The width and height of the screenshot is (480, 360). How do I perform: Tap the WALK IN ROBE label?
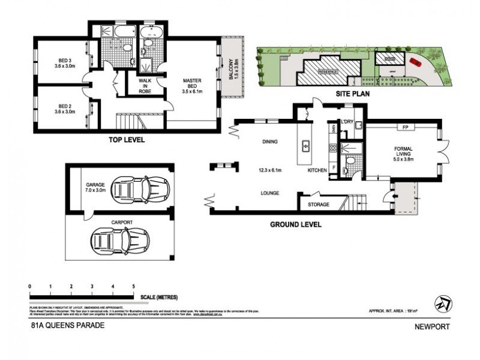click(x=145, y=85)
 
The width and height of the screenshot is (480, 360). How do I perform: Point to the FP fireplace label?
click(x=405, y=128)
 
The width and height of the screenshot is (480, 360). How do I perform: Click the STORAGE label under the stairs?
click(x=318, y=205)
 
